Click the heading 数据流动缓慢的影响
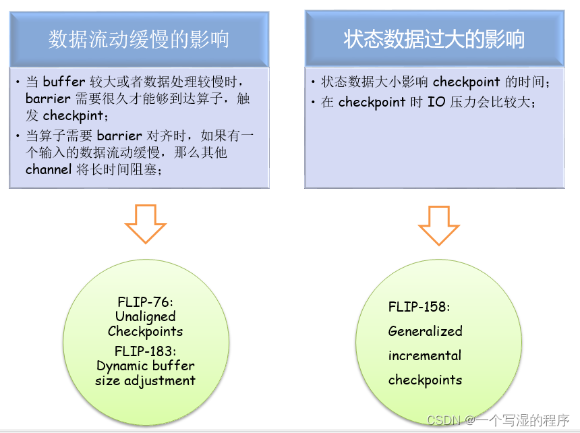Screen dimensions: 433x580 [x=139, y=39]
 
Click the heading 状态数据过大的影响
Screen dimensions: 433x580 [x=434, y=39]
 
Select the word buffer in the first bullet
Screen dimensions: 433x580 [x=64, y=82]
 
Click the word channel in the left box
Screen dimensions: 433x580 [x=49, y=169]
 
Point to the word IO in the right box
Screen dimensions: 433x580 [x=437, y=103]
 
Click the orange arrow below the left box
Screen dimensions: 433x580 [x=146, y=223]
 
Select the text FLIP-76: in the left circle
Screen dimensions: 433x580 [x=145, y=302]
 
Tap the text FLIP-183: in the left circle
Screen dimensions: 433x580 [x=145, y=351]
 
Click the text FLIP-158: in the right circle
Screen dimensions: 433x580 [x=419, y=307]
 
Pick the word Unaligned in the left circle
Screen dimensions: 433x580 [x=145, y=316]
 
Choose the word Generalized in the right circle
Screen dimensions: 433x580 [x=425, y=331]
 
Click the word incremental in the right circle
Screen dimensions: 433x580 [x=425, y=355]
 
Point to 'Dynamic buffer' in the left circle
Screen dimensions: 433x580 [x=146, y=366]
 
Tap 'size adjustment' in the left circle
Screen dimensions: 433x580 [x=145, y=380]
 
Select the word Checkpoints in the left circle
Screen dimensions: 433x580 [x=145, y=331]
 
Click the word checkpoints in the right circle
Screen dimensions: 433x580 [x=425, y=380]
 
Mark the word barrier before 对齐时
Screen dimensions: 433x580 [x=121, y=136]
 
